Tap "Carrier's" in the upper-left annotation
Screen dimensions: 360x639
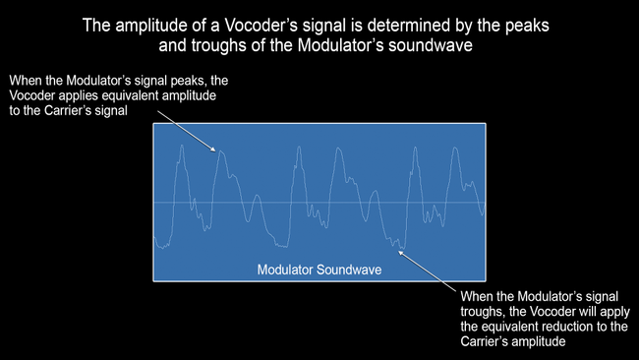point(67,111)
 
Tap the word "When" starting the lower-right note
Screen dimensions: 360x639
point(477,294)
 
